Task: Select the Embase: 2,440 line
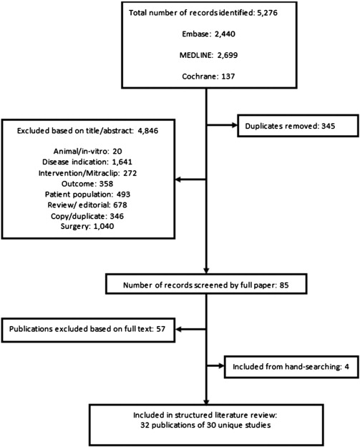click(206, 34)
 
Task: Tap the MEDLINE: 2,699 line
click(206, 53)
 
